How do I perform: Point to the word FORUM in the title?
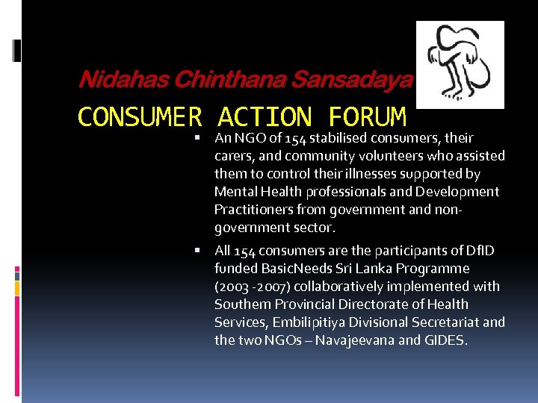[367, 117]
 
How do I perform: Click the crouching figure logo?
[460, 65]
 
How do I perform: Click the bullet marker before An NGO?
[197, 138]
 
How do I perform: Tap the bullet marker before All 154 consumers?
[197, 251]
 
